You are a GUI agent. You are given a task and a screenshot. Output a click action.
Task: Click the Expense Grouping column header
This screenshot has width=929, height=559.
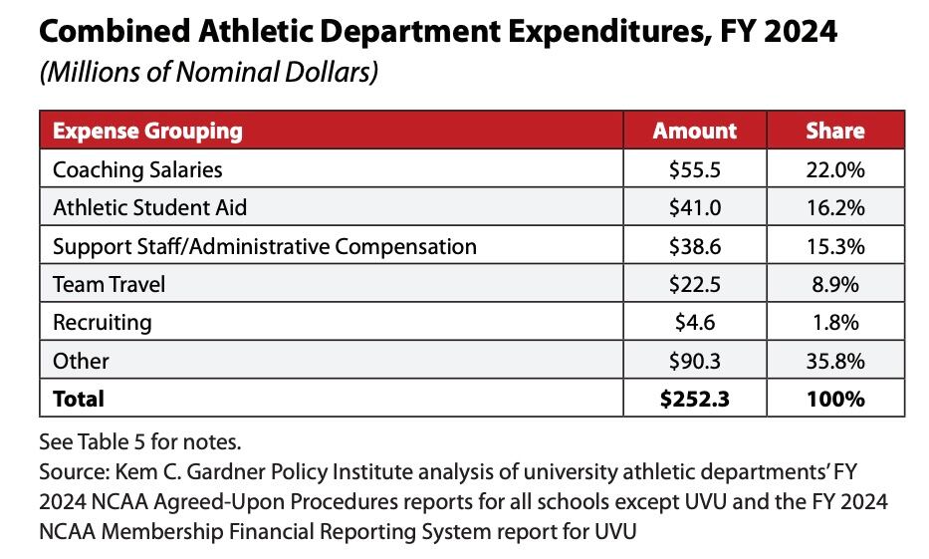click(147, 131)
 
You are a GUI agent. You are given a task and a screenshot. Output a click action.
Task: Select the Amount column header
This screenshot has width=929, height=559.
click(694, 131)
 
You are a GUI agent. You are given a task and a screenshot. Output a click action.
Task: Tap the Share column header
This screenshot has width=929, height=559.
click(834, 131)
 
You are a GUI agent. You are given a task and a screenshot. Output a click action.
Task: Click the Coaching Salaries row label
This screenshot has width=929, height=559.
click(137, 169)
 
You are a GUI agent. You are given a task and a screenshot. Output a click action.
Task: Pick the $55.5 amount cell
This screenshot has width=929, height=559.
click(694, 169)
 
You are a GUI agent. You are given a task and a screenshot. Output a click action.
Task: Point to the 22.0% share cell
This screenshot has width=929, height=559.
click(834, 169)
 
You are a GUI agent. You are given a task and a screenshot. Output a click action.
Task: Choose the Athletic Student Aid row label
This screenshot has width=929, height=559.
click(149, 207)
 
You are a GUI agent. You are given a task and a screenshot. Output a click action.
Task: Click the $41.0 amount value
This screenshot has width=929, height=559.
click(694, 207)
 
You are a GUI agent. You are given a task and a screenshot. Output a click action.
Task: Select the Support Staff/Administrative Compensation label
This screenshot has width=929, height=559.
click(264, 246)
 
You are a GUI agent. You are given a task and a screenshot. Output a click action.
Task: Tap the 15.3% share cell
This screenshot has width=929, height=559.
click(834, 246)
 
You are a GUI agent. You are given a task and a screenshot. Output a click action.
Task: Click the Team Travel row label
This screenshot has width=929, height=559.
click(109, 284)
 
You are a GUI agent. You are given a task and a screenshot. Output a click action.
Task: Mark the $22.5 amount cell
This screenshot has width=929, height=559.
click(694, 284)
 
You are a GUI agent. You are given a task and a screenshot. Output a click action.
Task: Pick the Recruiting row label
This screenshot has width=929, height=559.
click(102, 322)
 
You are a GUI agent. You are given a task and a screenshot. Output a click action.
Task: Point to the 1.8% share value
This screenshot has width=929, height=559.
click(834, 322)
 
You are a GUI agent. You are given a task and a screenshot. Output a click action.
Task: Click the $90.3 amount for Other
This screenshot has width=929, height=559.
click(694, 361)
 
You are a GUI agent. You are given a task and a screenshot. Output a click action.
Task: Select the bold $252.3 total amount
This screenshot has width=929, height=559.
click(694, 399)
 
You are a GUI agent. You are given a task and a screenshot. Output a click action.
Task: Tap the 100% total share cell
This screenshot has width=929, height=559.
click(834, 399)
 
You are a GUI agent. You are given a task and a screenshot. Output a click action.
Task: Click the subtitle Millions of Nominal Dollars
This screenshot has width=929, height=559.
click(208, 75)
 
